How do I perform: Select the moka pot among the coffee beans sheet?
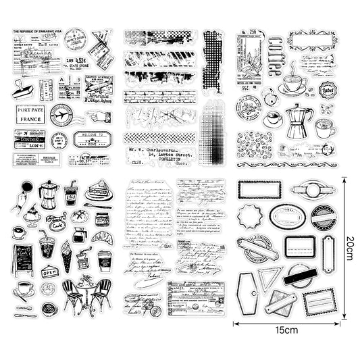[x=298, y=122]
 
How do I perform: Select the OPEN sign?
[x=50, y=272]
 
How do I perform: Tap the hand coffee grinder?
[x=84, y=257]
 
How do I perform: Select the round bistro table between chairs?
[x=86, y=287]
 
